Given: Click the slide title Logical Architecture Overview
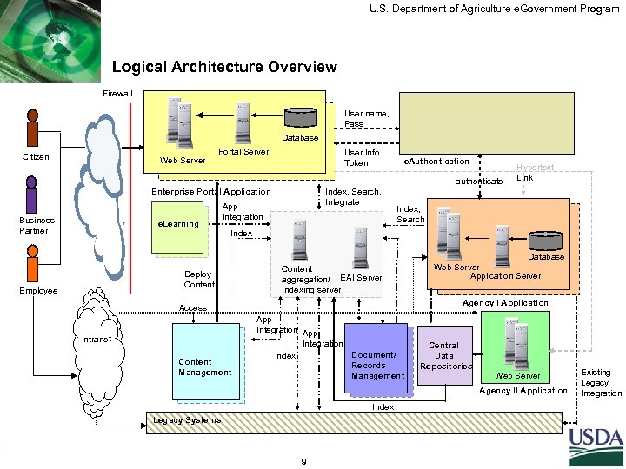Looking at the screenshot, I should click(x=224, y=67).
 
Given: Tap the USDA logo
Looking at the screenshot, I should click(x=596, y=446).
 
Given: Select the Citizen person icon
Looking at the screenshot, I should click(x=33, y=128).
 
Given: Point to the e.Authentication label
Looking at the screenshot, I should click(x=435, y=161).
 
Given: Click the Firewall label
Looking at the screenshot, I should click(x=118, y=93).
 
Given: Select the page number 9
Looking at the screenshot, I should click(x=302, y=461).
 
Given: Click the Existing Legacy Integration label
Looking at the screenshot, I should click(x=602, y=382).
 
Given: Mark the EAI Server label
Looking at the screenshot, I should click(x=361, y=278).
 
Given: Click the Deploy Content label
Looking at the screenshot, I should click(x=199, y=279).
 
